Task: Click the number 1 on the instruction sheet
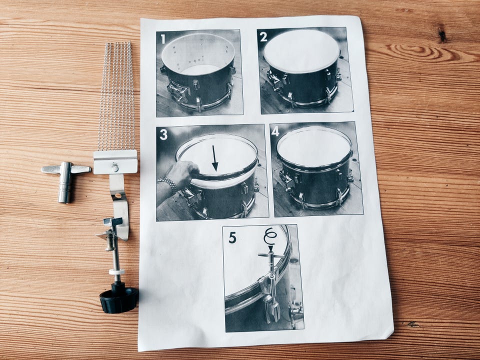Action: [x=163, y=39]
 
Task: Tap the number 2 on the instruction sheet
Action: [x=263, y=36]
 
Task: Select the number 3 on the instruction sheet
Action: [x=164, y=134]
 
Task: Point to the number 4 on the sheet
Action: [x=275, y=131]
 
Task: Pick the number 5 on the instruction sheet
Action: [x=232, y=237]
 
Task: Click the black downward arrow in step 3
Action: [x=214, y=158]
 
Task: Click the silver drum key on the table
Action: [x=65, y=180]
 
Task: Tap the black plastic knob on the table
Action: [x=119, y=298]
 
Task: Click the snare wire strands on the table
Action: [x=116, y=96]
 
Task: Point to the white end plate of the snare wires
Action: [x=115, y=162]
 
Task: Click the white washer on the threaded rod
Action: [x=117, y=271]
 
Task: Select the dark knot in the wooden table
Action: [x=441, y=34]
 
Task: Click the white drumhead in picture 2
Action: [x=302, y=51]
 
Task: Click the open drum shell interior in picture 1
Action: [x=198, y=54]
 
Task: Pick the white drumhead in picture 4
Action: [x=314, y=147]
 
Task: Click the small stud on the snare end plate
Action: [x=115, y=168]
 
